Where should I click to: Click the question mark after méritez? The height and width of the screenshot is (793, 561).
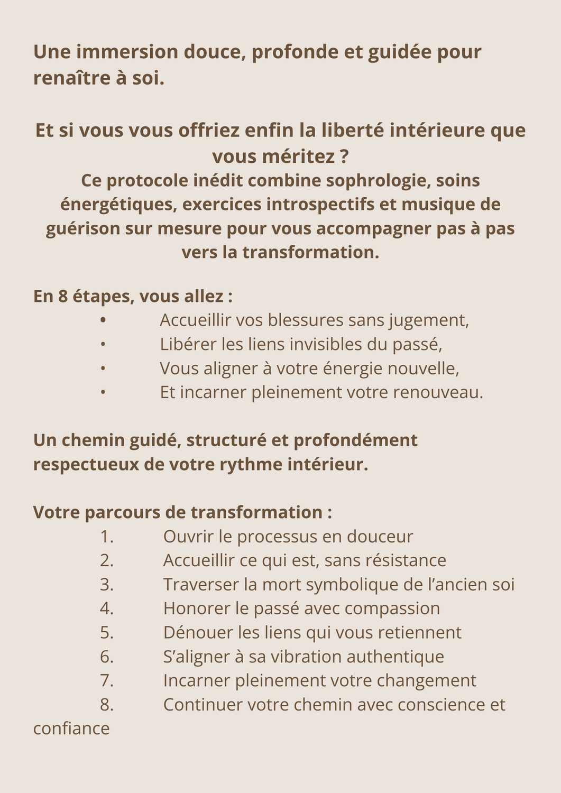pyautogui.click(x=344, y=156)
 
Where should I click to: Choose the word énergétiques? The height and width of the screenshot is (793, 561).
pyautogui.click(x=116, y=204)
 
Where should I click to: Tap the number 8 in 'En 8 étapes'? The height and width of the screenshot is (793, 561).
pyautogui.click(x=63, y=296)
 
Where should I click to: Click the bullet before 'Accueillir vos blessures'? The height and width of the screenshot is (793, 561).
pyautogui.click(x=103, y=320)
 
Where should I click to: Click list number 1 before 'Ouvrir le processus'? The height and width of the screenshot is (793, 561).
pyautogui.click(x=106, y=536)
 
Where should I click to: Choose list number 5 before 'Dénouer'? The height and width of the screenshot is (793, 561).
pyautogui.click(x=106, y=632)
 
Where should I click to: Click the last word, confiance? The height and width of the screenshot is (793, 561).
pyautogui.click(x=71, y=729)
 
